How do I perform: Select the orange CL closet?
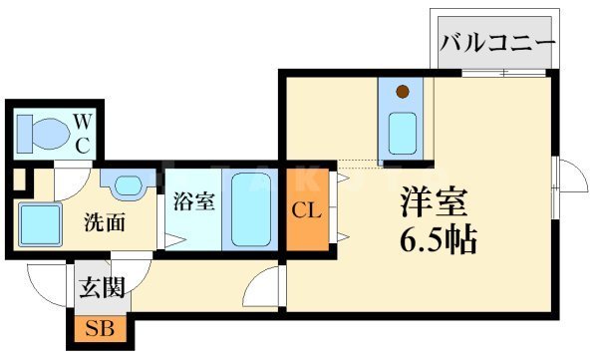point(305,210)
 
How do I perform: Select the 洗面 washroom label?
point(103,221)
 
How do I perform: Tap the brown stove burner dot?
point(403,94)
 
